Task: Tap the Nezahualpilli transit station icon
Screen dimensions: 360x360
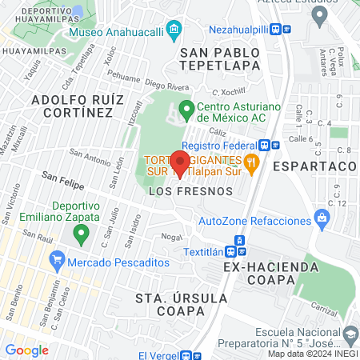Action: [x=275, y=29]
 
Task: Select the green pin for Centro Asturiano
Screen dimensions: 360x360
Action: [x=186, y=108]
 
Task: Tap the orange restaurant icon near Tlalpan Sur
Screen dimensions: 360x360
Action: [x=252, y=164]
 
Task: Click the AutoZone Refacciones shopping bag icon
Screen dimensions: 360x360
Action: [x=322, y=217]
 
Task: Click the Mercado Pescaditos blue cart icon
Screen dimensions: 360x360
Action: [x=57, y=261]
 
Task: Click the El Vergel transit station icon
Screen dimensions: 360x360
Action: [x=186, y=355]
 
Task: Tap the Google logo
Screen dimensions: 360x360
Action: [x=26, y=350]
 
